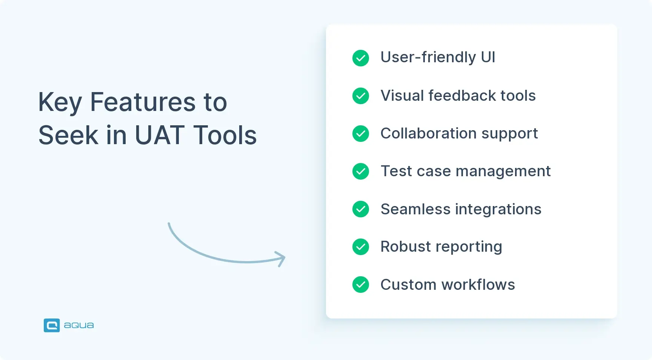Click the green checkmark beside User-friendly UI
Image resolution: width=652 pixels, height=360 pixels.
pyautogui.click(x=361, y=58)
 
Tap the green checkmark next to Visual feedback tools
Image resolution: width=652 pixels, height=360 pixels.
pyautogui.click(x=361, y=96)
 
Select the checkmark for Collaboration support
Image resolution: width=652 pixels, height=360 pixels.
pyautogui.click(x=361, y=134)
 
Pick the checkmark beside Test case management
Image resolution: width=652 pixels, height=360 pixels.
pyautogui.click(x=361, y=171)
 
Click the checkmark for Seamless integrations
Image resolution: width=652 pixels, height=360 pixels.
pyautogui.click(x=361, y=209)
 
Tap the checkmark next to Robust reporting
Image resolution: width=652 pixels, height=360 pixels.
pyautogui.click(x=361, y=247)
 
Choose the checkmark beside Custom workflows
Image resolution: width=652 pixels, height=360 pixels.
pyautogui.click(x=361, y=285)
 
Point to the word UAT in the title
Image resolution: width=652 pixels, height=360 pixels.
pyautogui.click(x=159, y=135)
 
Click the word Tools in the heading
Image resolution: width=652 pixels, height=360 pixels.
pyautogui.click(x=225, y=135)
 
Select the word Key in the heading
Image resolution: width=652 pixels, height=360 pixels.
pyautogui.click(x=60, y=103)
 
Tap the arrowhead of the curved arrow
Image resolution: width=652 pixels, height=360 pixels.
pyautogui.click(x=281, y=259)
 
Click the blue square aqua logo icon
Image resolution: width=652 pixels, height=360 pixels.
pyautogui.click(x=52, y=325)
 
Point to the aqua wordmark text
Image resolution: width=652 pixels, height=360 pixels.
pyautogui.click(x=78, y=325)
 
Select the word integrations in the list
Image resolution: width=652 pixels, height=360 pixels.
pyautogui.click(x=498, y=209)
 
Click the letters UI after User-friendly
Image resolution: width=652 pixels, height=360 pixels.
pyautogui.click(x=487, y=57)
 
